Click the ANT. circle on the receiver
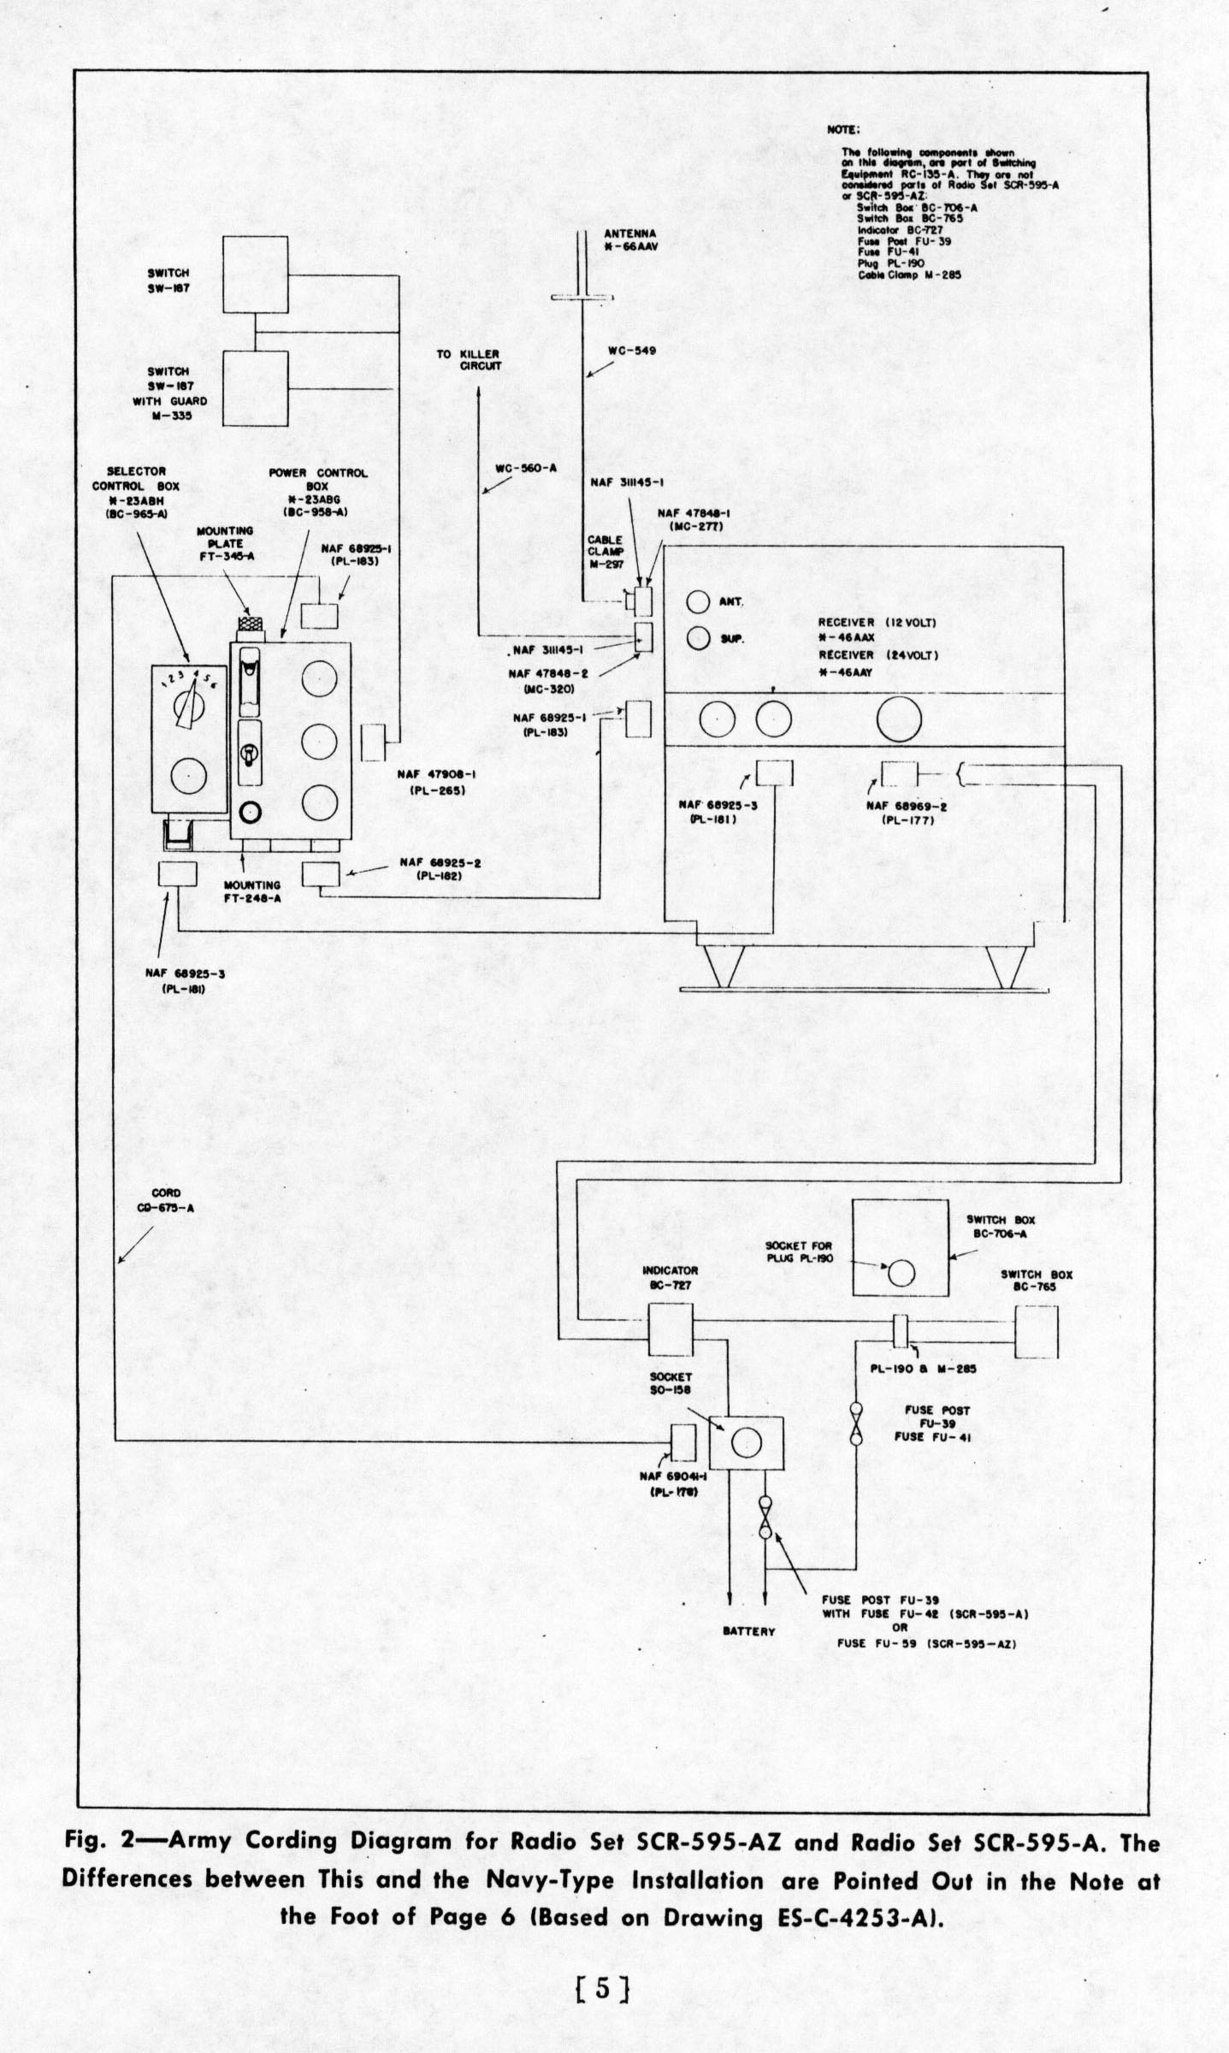698,602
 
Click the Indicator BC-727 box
670,1330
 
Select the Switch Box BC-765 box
1036,1332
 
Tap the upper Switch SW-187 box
255,275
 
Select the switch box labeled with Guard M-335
255,388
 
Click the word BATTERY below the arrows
748,1631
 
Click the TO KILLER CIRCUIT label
469,359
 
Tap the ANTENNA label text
629,233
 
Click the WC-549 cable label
631,350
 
